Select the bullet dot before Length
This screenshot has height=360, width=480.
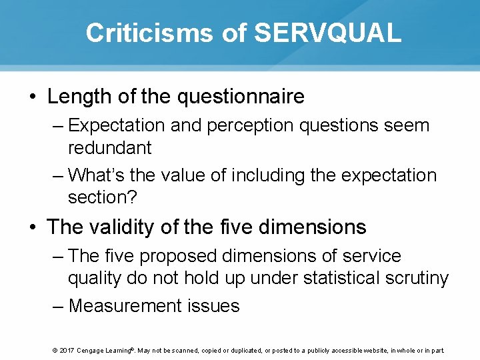click(x=33, y=97)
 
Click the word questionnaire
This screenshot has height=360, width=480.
click(x=241, y=97)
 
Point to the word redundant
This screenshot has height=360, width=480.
click(x=109, y=147)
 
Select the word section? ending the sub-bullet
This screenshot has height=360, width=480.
click(x=101, y=197)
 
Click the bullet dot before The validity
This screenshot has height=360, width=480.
click(x=33, y=228)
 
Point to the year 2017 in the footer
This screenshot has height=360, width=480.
click(x=66, y=351)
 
